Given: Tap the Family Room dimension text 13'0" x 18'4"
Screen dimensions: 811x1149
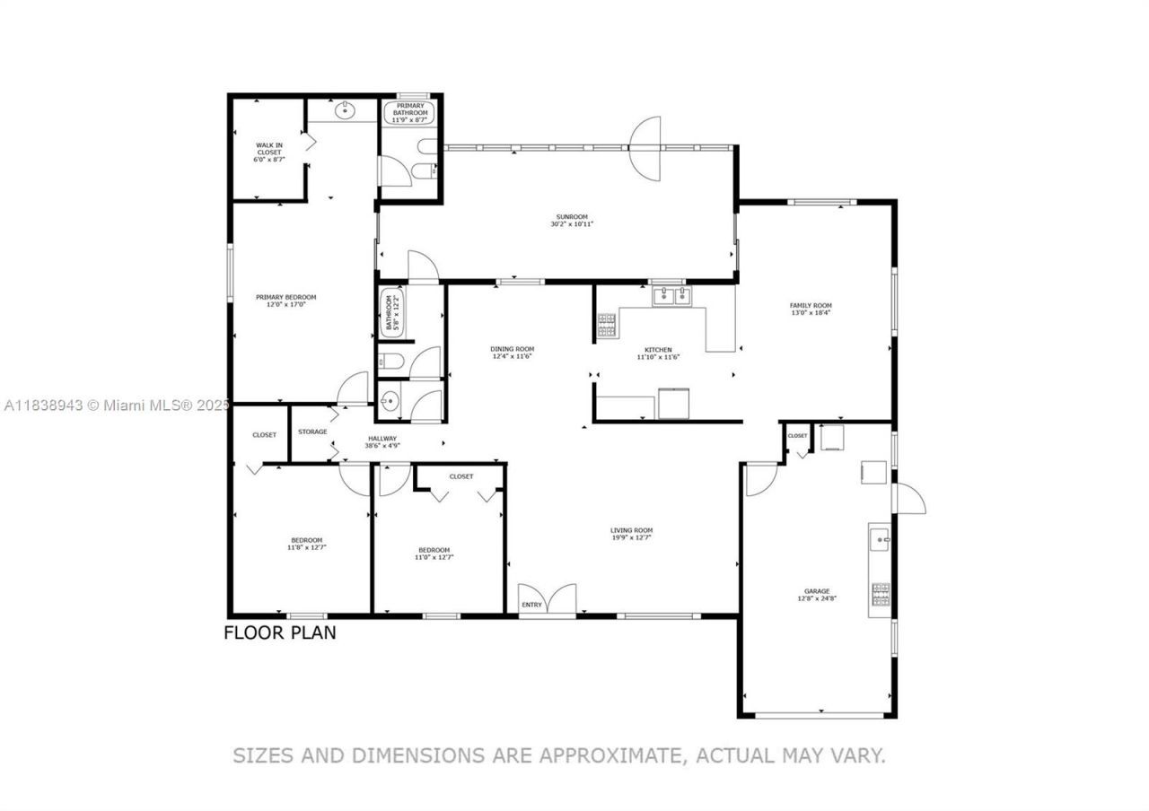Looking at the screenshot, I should point(811,313).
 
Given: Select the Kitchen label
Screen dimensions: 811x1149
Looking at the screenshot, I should point(658,350).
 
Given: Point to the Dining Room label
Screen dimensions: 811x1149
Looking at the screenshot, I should point(512,349).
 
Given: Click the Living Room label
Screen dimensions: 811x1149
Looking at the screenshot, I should point(631,530).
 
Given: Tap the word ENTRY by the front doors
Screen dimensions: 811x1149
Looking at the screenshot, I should point(532,605).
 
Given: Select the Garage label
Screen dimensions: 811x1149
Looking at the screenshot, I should point(816,591).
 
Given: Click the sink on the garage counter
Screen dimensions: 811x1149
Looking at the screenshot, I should point(880,540).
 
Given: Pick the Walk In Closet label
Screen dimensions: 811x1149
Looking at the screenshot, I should point(269,149).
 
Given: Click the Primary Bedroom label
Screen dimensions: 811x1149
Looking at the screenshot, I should point(285,297).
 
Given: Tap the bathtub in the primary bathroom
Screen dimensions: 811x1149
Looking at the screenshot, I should point(410,112).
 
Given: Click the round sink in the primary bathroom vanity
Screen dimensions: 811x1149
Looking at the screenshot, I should point(344,111).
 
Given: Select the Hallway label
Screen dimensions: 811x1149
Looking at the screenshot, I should point(381,439).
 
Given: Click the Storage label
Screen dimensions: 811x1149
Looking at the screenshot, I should point(312,432).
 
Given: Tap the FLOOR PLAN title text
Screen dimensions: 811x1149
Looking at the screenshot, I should point(279,632).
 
